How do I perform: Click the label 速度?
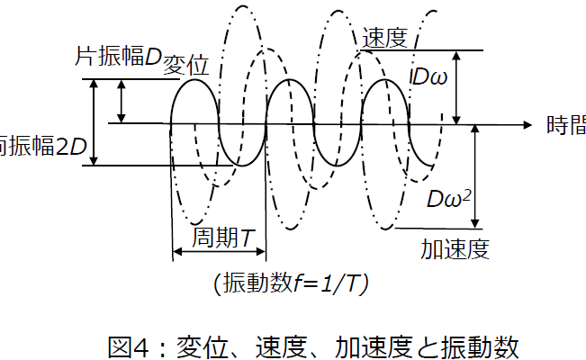click(385, 39)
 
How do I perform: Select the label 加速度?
click(455, 248)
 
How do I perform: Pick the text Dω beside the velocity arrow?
click(429, 77)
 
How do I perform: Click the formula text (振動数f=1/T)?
click(290, 283)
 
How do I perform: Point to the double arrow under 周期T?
click(218, 253)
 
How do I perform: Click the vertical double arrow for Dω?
click(458, 87)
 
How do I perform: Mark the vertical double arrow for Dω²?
click(476, 175)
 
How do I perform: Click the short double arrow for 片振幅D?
click(122, 101)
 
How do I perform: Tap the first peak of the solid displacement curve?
click(194, 81)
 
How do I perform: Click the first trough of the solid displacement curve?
click(242, 166)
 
